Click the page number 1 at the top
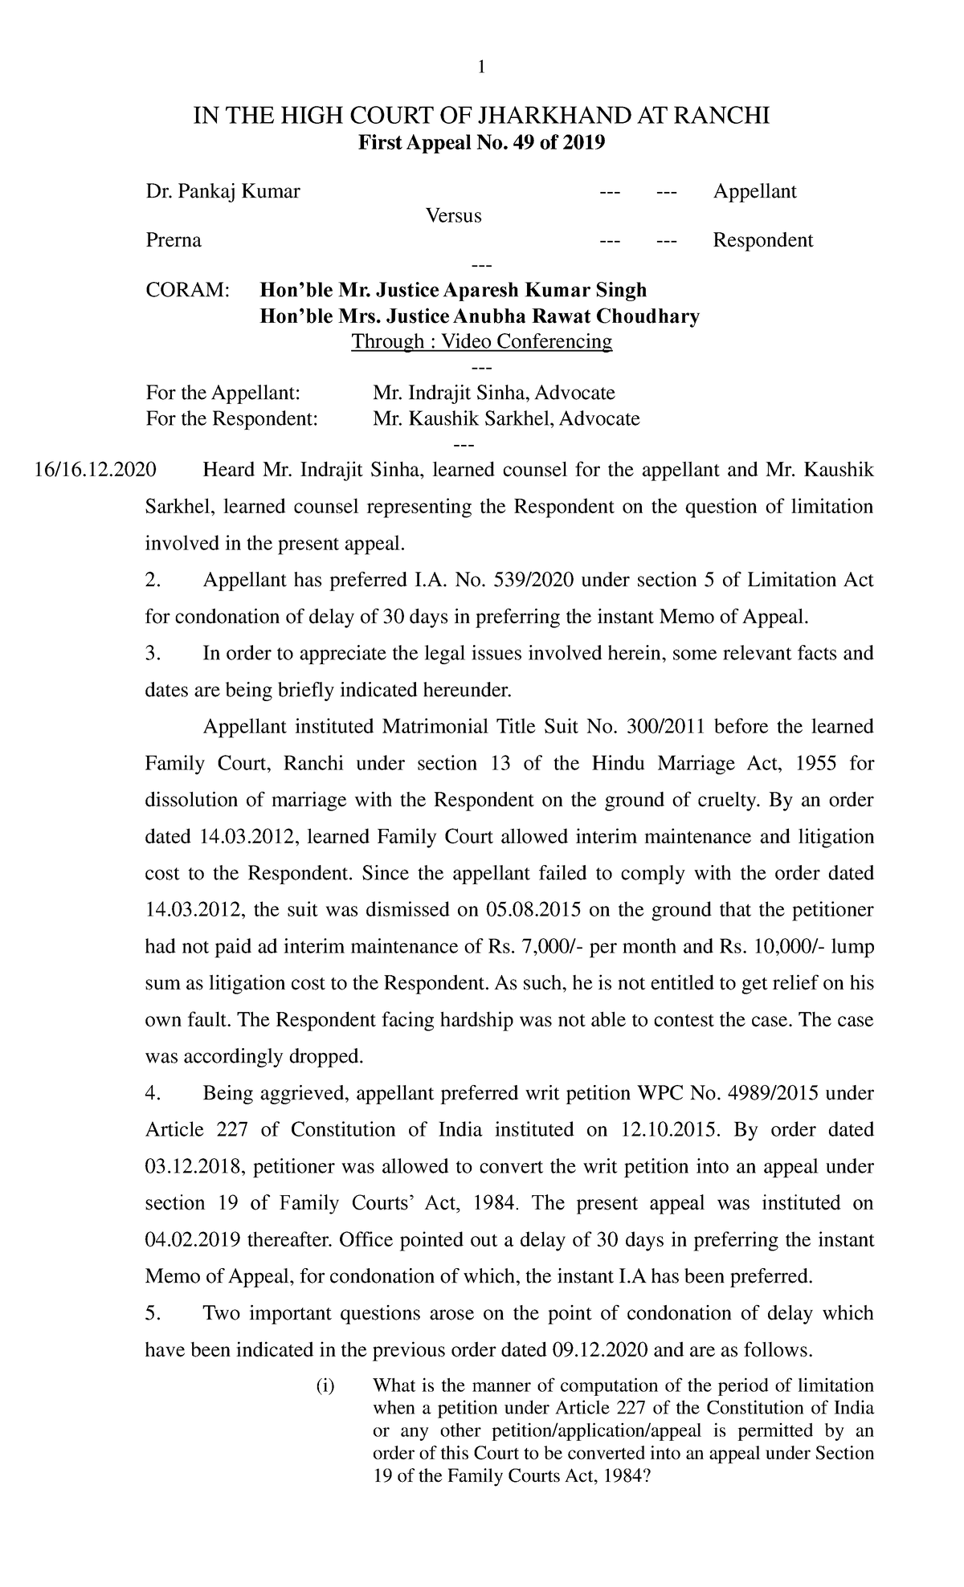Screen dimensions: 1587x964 coord(481,68)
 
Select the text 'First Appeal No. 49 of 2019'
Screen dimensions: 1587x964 coord(481,143)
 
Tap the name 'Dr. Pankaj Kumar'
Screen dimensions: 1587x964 coord(223,191)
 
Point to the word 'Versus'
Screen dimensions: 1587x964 coord(453,216)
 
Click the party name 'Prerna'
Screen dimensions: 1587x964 coord(173,240)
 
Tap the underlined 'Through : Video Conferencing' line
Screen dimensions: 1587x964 coord(482,341)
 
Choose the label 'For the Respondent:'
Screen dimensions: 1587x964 coord(231,418)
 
